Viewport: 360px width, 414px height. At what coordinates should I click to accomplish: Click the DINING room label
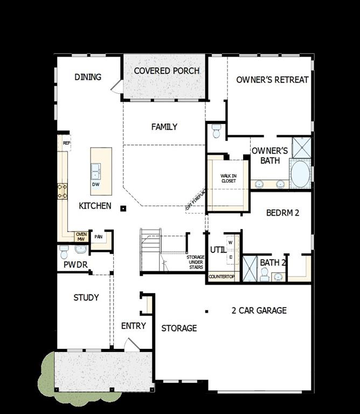click(88, 77)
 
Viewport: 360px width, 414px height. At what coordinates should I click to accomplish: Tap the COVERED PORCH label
click(167, 71)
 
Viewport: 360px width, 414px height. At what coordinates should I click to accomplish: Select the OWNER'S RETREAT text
click(272, 80)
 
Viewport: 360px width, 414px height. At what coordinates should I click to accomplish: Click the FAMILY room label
click(164, 127)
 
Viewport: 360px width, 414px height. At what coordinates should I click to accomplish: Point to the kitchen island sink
click(95, 171)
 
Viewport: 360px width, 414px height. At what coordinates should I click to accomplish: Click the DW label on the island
click(95, 185)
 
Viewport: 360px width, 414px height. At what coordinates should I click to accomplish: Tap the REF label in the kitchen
click(66, 143)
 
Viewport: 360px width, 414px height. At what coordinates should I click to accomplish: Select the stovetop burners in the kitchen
click(63, 190)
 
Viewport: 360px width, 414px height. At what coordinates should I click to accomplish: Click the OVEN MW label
click(81, 237)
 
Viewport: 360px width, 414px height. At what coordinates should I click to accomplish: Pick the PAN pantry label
click(98, 237)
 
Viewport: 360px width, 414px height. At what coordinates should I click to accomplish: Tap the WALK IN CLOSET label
click(229, 178)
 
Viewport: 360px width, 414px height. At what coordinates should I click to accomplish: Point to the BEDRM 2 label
click(282, 213)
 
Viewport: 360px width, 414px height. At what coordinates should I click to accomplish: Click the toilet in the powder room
click(64, 252)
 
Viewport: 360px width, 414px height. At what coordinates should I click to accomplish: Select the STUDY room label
click(86, 298)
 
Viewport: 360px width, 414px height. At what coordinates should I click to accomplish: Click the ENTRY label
click(133, 326)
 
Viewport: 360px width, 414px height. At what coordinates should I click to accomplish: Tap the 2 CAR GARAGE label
click(259, 310)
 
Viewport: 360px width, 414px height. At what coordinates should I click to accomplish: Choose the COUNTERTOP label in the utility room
click(221, 277)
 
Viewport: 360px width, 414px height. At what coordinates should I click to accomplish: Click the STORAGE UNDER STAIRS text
click(195, 262)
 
